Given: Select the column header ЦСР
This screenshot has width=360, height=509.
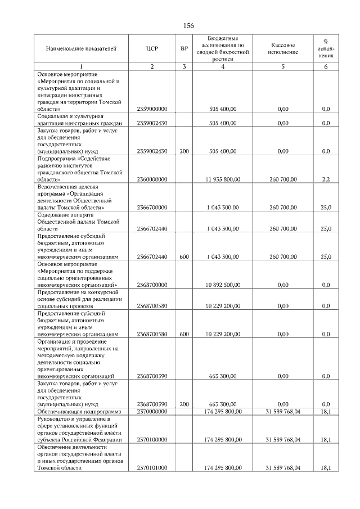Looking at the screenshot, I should coord(152,49).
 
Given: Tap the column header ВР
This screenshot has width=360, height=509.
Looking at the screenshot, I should coord(184,49).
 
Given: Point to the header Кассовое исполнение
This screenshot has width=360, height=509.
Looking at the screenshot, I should coord(283,49).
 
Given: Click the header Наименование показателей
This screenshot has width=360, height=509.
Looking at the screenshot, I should coord(81,49).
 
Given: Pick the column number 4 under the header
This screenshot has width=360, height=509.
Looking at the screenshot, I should coord(223,67).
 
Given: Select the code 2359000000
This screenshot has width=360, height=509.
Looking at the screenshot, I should coord(152,109).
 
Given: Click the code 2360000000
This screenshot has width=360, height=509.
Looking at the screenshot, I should coord(152,179).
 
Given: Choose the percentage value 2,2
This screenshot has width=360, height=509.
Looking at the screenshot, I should coord(326,179).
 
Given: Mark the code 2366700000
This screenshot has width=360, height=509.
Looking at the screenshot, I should coord(152,208).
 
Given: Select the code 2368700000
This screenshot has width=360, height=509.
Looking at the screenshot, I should coord(152,285).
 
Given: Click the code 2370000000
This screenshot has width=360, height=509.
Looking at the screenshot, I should coord(152,412).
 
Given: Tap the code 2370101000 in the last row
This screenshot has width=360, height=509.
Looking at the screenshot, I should coord(152,467).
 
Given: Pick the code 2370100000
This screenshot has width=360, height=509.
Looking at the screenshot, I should coord(152,439).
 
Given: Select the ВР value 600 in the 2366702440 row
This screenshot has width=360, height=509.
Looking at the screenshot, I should coord(184,256).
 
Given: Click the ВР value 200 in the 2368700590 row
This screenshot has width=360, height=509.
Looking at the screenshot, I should coord(184,404).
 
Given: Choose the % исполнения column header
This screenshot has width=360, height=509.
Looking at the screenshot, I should coord(326,49).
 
